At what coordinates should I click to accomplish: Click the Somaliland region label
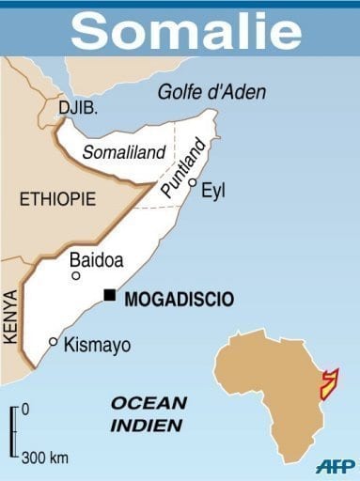[x=124, y=152]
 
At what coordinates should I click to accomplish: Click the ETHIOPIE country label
[x=58, y=198]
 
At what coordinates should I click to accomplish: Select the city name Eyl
[x=214, y=191]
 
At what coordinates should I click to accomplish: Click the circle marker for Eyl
[x=192, y=183]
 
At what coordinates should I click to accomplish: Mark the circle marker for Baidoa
[x=76, y=275]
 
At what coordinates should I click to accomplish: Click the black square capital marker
[x=110, y=296]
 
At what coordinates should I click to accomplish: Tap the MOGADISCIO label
[x=180, y=299]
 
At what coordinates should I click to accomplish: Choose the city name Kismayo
[x=97, y=345]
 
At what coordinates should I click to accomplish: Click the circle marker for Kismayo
[x=54, y=342]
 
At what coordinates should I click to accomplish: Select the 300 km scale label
[x=44, y=458]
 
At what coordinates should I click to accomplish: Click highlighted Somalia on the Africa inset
[x=330, y=385]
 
